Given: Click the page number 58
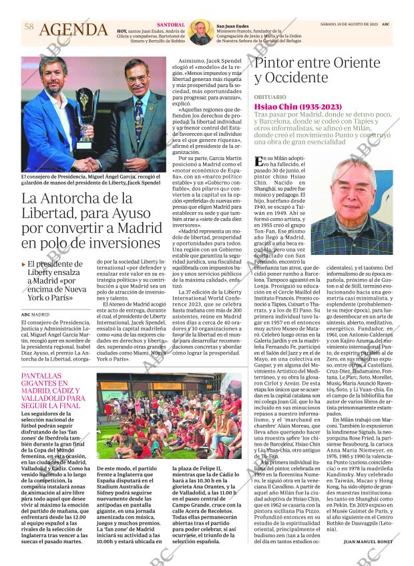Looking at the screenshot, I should [x=28, y=26].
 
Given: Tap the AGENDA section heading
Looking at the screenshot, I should [x=73, y=30].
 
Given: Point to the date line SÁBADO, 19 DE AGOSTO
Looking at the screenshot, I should [x=347, y=24].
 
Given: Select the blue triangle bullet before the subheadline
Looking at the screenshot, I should [x=24, y=264].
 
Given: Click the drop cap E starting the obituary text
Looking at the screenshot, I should [x=260, y=162].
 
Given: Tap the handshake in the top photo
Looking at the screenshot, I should [x=83, y=163].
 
